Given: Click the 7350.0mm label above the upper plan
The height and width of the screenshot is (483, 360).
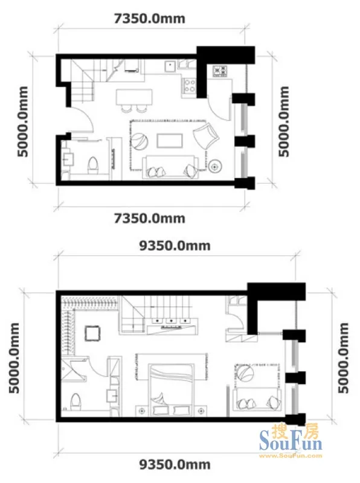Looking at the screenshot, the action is (150, 19).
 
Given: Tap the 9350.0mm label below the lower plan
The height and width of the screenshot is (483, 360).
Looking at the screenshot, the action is (175, 464).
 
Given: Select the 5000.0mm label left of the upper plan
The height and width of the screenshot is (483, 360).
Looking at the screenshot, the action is (22, 121).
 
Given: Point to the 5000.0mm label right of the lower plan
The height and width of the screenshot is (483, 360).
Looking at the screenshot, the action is (343, 358).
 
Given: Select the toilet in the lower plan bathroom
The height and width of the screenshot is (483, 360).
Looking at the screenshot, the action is (76, 401).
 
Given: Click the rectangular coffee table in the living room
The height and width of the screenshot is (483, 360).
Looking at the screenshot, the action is (170, 141).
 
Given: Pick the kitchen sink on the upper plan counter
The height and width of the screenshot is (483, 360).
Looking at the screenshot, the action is (170, 66).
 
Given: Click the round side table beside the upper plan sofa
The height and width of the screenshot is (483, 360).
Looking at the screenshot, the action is (214, 167).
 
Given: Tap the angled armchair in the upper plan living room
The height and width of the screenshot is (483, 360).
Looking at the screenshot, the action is (206, 135).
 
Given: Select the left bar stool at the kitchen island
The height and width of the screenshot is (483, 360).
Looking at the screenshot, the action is (126, 109).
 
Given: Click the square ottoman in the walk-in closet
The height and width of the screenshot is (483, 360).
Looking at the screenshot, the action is (92, 333).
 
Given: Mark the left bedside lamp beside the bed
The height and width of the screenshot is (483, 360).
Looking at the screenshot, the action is (142, 411).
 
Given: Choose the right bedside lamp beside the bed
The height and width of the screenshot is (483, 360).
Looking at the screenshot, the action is (201, 411).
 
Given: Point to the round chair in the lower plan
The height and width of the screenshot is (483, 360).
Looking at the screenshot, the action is (245, 372).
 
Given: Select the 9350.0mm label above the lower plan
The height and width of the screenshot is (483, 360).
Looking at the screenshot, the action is (175, 246).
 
